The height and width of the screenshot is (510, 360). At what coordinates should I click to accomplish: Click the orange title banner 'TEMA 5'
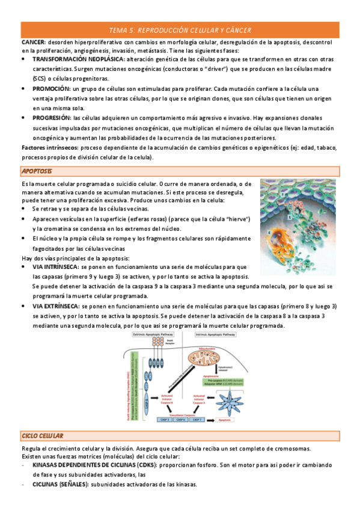(180, 29)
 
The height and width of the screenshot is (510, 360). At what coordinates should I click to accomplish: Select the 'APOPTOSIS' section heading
(37, 172)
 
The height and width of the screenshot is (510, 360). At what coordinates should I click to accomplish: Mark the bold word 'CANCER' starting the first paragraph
(33, 42)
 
